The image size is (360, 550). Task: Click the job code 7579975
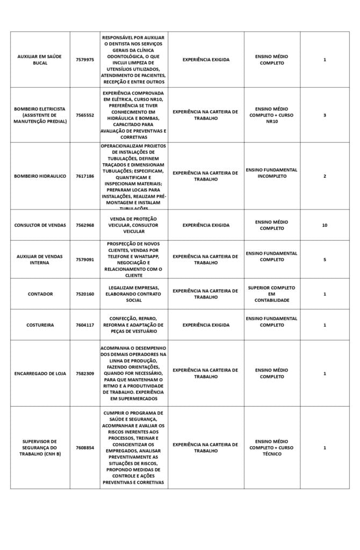click(85, 60)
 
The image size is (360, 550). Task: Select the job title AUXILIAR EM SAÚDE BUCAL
click(40, 60)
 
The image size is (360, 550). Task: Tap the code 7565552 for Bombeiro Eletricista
click(85, 115)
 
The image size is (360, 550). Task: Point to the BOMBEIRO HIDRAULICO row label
click(40, 176)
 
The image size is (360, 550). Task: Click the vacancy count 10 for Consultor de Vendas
click(325, 225)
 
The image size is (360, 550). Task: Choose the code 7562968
click(85, 225)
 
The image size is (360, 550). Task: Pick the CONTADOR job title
click(40, 294)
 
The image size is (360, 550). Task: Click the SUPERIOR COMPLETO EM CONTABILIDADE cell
click(271, 294)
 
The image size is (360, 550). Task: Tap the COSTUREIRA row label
click(40, 325)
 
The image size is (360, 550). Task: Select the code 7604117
click(85, 325)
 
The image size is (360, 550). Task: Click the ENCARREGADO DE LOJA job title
click(40, 373)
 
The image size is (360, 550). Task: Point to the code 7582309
click(85, 373)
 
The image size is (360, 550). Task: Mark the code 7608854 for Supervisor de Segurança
click(85, 447)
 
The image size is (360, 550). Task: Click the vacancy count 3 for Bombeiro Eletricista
click(325, 115)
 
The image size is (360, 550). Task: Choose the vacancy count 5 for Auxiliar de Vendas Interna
click(325, 259)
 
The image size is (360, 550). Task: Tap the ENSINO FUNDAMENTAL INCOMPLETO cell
click(271, 173)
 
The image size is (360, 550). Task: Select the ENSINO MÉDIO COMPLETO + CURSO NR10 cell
click(271, 115)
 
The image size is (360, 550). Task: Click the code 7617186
click(85, 176)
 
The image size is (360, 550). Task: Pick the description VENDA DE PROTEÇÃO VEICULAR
click(134, 225)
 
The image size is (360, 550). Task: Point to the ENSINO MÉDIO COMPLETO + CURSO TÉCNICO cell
click(271, 447)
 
